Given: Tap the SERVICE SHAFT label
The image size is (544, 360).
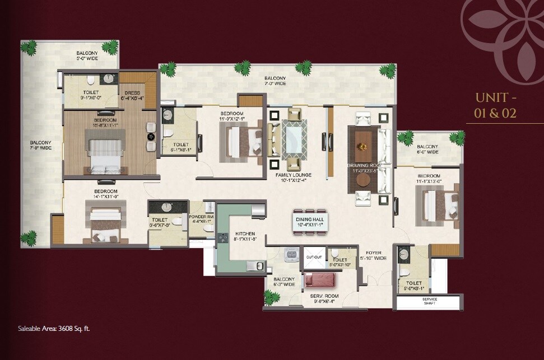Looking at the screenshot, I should (430, 302).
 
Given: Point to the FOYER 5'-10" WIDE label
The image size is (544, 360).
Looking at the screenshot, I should (374, 256).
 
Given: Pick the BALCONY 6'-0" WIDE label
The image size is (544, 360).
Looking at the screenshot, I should (427, 148).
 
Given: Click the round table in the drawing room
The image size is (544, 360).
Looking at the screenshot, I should (363, 180).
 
